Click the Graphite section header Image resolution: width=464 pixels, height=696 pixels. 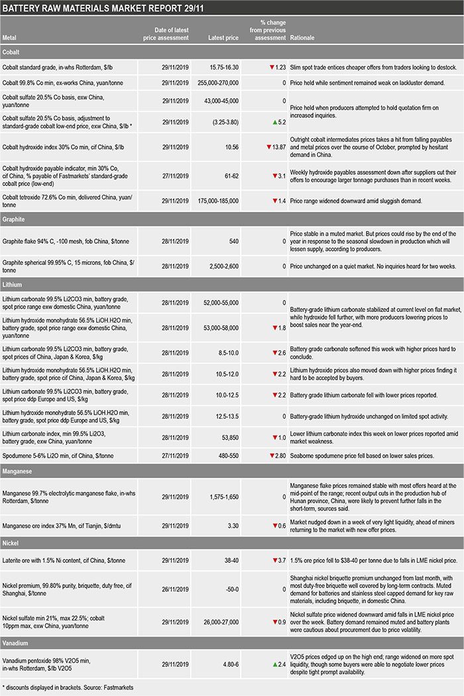pos(14,218)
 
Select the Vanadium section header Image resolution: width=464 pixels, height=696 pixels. pos(17,642)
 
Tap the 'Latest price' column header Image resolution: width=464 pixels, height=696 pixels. pos(223,38)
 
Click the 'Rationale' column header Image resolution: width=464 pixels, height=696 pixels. pos(302,38)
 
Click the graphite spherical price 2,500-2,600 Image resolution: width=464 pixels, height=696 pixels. pos(222,266)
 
